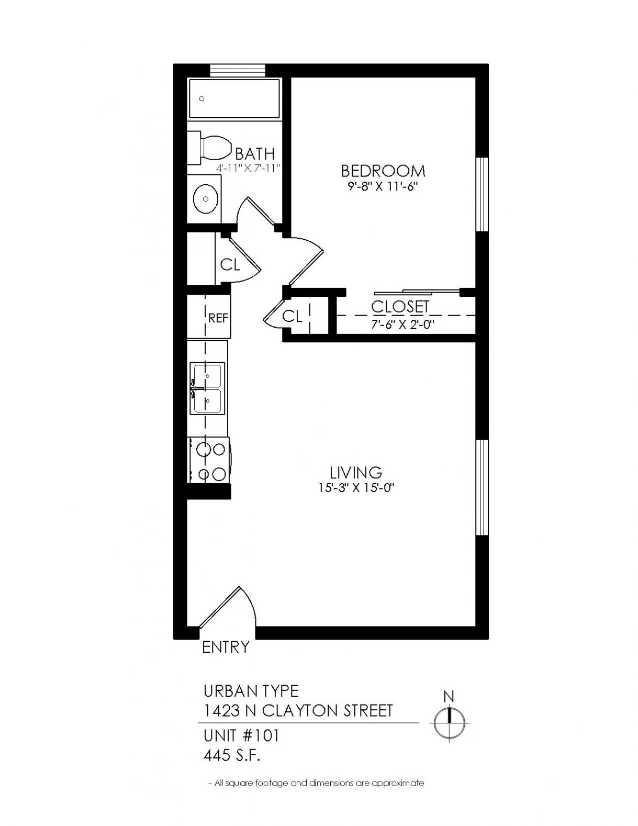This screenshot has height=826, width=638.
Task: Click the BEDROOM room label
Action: (383, 171)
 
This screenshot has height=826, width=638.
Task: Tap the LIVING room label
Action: (356, 473)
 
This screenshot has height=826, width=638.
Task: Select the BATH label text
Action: (254, 154)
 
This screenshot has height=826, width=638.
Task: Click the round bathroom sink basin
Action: (206, 199)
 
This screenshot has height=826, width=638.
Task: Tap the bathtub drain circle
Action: (202, 99)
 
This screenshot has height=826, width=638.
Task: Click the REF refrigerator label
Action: (218, 318)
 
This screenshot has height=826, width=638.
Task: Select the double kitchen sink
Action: (207, 388)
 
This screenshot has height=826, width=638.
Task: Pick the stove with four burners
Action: (209, 460)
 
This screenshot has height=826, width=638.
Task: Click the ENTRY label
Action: (226, 646)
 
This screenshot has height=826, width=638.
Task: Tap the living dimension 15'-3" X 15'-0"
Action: (355, 488)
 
